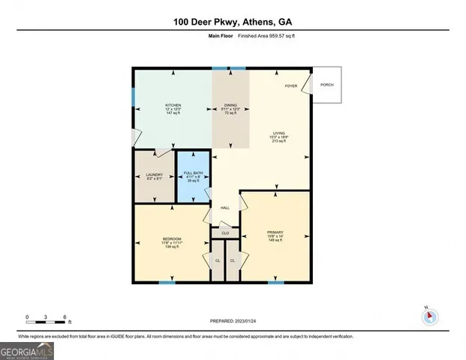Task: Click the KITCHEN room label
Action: click(173, 105)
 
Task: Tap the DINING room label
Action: click(231, 105)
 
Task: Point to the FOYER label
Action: click(290, 86)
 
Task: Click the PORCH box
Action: click(327, 85)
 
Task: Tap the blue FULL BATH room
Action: click(194, 177)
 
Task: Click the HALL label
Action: click(224, 208)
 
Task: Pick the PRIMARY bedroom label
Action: click(275, 232)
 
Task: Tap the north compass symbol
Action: click(430, 316)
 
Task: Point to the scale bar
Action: click(47, 320)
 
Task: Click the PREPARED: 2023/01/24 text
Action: click(233, 320)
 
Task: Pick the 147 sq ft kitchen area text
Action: click(173, 114)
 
